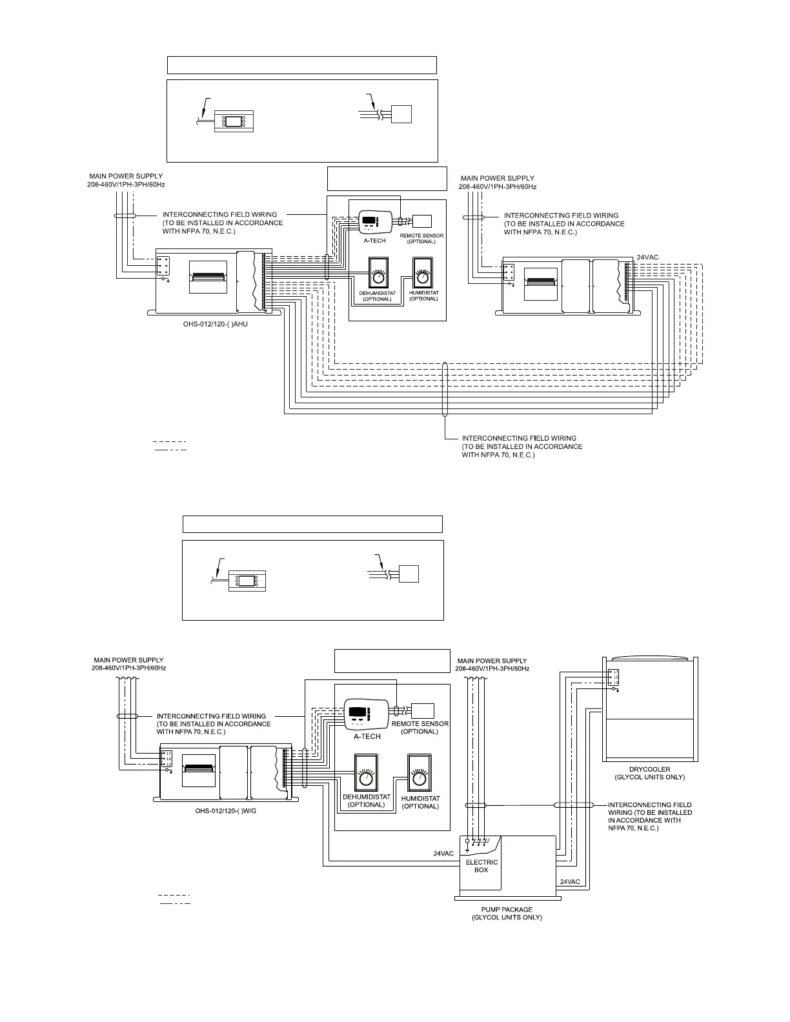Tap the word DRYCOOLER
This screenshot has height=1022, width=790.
[x=649, y=769]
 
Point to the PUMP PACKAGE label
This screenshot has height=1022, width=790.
[x=507, y=909]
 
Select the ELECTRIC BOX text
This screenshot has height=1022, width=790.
[x=481, y=866]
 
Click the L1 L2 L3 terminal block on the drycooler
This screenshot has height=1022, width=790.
[x=613, y=677]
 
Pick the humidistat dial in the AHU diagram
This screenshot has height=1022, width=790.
[x=423, y=276]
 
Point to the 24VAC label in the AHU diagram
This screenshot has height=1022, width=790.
[x=647, y=257]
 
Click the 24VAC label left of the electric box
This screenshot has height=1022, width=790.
[x=443, y=854]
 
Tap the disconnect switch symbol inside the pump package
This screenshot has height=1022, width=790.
[x=481, y=842]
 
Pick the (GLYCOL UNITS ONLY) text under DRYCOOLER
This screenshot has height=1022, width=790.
[x=649, y=777]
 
